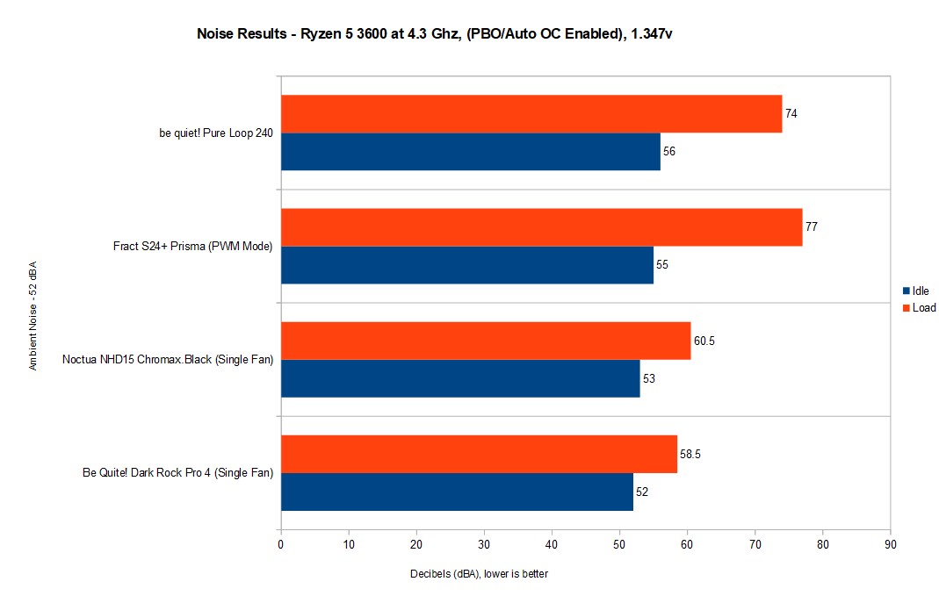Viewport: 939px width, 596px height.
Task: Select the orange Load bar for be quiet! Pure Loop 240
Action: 531,114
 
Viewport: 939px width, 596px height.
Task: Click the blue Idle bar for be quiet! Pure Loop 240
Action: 470,151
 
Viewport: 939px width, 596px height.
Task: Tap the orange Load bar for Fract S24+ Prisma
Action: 541,227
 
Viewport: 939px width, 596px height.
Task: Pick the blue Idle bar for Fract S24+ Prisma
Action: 466,264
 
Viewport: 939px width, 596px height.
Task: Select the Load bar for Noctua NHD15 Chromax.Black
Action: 485,341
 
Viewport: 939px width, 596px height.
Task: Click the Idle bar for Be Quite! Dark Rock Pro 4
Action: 457,492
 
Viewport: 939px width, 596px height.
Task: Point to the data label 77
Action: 811,226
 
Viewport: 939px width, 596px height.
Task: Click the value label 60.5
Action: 704,341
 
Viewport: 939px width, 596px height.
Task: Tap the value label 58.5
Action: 690,454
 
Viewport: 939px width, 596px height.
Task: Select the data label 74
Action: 791,114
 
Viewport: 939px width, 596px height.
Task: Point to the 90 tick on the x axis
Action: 890,544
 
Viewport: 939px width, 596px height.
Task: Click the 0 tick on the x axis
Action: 280,544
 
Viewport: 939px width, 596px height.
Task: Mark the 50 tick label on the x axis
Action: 619,544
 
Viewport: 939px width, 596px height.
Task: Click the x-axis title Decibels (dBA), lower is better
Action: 479,573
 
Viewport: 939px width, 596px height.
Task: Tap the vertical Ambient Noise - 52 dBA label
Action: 33,320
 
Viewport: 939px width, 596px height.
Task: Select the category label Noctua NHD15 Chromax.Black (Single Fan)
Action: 167,359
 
